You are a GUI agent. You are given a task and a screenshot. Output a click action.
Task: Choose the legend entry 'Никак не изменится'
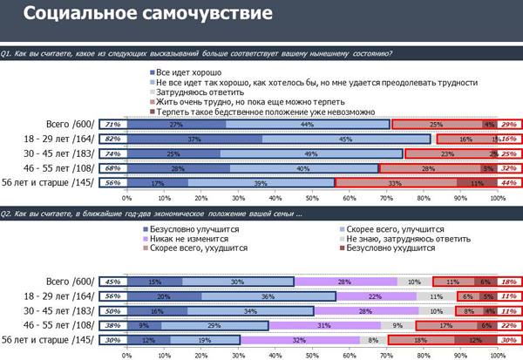pyautogui.click(x=184, y=238)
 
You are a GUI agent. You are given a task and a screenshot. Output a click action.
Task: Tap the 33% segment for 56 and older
pyautogui.click(x=393, y=182)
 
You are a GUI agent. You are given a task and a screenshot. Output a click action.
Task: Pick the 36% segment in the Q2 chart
pyautogui.click(x=268, y=296)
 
